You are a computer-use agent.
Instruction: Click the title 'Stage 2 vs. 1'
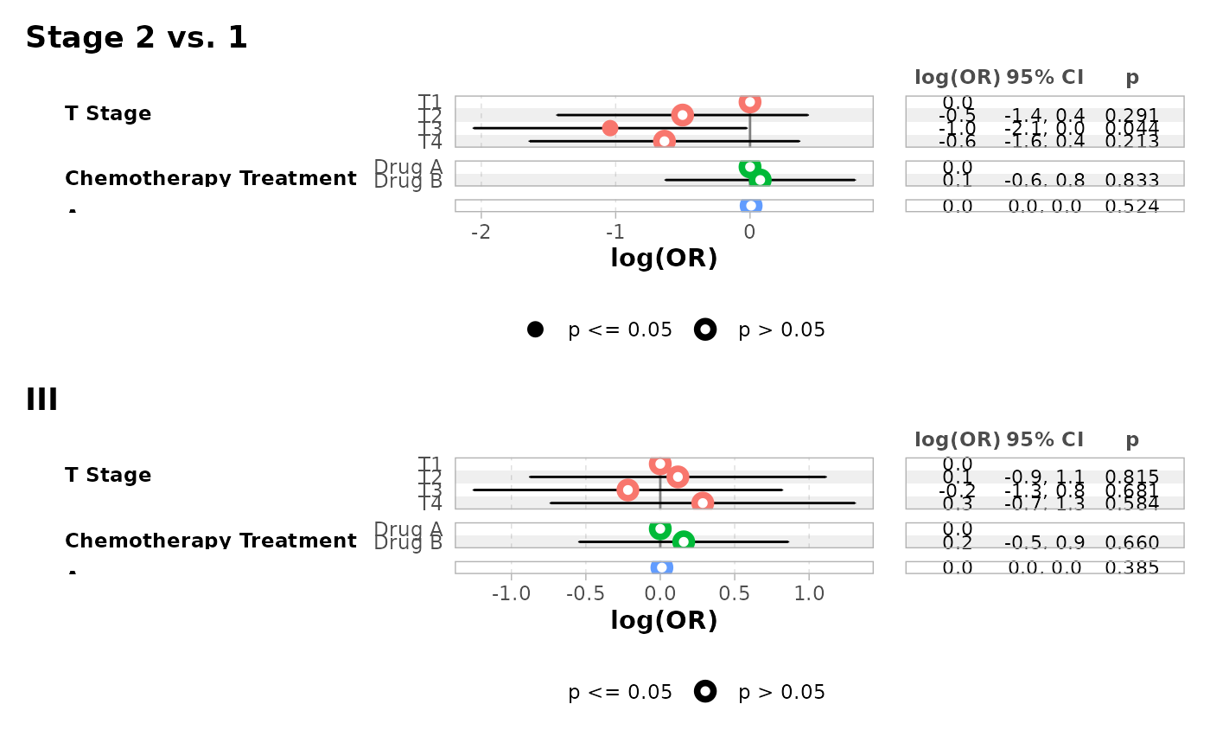tap(137, 38)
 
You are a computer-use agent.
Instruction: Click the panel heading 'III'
tap(41, 400)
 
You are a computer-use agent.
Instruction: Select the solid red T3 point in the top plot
tap(610, 128)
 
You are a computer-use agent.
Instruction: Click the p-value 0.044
tap(1132, 128)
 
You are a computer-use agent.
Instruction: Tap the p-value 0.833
tap(1132, 180)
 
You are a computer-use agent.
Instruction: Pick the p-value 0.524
tap(1132, 206)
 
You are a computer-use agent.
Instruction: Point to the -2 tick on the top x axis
tap(481, 233)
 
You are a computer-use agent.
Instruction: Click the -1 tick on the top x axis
tap(615, 233)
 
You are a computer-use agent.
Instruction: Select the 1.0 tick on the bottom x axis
tap(809, 595)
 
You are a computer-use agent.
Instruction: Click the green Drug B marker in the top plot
tap(760, 180)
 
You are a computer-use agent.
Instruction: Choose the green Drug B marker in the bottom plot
tap(684, 541)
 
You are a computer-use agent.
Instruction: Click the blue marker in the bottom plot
tap(662, 567)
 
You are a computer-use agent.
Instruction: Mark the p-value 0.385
tap(1132, 568)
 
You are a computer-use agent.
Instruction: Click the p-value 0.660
tap(1132, 542)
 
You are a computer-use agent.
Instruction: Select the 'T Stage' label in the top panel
tap(108, 113)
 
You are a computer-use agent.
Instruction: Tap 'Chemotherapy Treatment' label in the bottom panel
tap(211, 541)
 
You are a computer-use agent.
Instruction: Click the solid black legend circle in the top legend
tap(535, 330)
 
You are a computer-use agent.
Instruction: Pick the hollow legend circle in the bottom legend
tap(705, 691)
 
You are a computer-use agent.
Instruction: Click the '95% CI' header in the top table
tap(1044, 77)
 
